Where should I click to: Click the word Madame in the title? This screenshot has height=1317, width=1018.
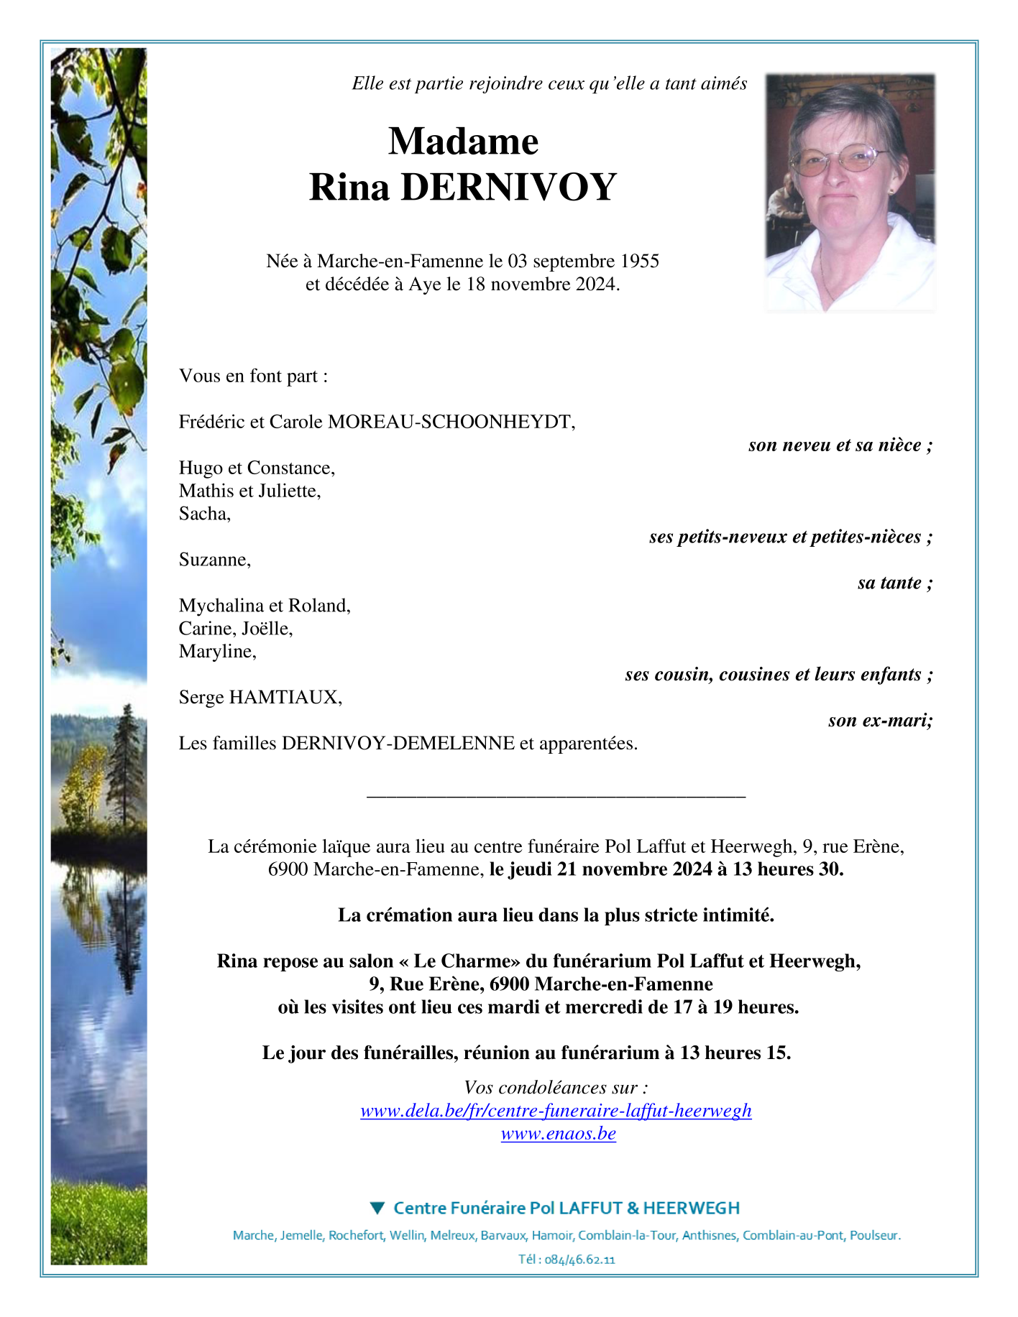pos(463,141)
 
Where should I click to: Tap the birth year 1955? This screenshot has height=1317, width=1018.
pos(639,261)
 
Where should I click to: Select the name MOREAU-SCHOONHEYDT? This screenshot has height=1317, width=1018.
pos(450,422)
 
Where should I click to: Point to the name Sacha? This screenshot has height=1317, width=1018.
pos(203,514)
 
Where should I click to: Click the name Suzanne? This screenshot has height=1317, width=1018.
pos(214,560)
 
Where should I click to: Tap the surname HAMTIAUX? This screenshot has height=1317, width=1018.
pos(284,697)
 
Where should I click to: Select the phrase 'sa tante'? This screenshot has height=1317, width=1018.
pos(893,583)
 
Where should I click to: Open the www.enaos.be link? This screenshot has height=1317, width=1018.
pos(558,1134)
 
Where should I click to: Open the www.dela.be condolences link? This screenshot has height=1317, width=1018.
pos(556,1111)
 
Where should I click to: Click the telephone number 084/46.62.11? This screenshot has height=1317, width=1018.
pos(580,1260)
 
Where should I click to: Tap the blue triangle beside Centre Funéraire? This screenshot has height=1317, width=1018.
pos(377,1208)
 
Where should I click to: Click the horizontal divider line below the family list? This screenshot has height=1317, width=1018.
pos(556,796)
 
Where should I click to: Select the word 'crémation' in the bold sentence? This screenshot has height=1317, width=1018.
pos(414,915)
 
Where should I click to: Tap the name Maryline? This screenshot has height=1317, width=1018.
pos(216,652)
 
